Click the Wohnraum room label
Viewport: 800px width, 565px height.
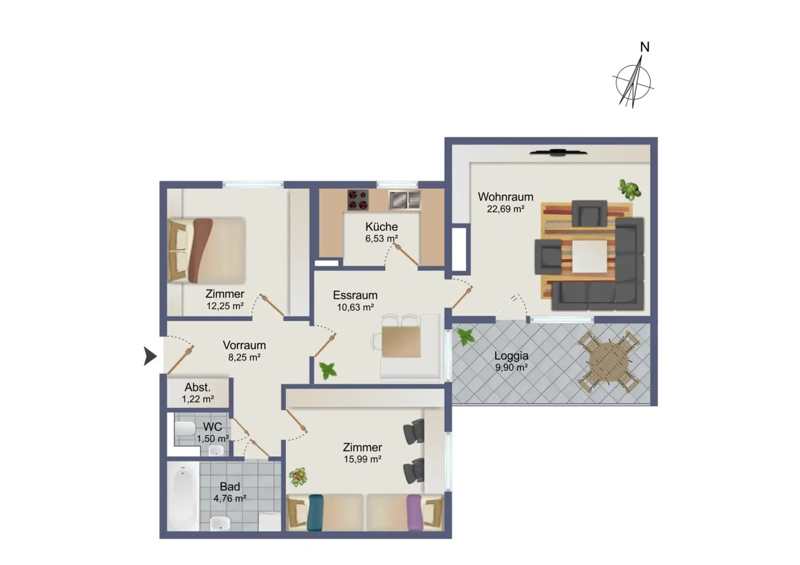pyautogui.click(x=505, y=197)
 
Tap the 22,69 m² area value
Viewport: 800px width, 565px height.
pyautogui.click(x=505, y=209)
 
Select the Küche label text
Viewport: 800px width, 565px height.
pyautogui.click(x=381, y=226)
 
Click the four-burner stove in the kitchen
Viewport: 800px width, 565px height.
pyautogui.click(x=358, y=200)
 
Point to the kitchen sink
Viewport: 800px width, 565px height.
pyautogui.click(x=404, y=200)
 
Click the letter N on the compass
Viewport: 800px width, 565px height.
pyautogui.click(x=645, y=47)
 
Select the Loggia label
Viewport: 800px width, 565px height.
pyautogui.click(x=511, y=356)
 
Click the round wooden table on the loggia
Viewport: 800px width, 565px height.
pyautogui.click(x=608, y=362)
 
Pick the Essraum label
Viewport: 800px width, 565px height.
pyautogui.click(x=355, y=295)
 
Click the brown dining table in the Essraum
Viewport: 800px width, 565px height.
pyautogui.click(x=401, y=342)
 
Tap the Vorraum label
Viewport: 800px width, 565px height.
pyautogui.click(x=244, y=345)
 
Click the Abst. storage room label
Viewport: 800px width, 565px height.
pyautogui.click(x=197, y=387)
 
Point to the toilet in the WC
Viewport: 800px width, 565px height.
pyautogui.click(x=185, y=428)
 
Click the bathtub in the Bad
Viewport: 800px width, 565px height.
pyautogui.click(x=183, y=496)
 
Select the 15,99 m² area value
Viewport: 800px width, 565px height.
pyautogui.click(x=362, y=459)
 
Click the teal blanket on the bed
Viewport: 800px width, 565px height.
pyautogui.click(x=315, y=512)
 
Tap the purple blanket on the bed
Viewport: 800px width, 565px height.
pyautogui.click(x=414, y=512)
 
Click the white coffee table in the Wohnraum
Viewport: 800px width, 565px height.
pyautogui.click(x=589, y=256)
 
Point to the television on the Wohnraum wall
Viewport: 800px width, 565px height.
pyautogui.click(x=558, y=152)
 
